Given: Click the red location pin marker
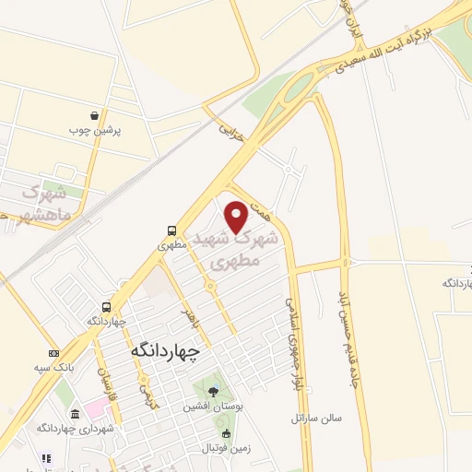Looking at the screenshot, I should (237, 217).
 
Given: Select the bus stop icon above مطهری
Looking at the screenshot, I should (172, 230).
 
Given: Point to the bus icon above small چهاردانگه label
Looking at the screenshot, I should (108, 307).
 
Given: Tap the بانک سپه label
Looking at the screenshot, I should (56, 367).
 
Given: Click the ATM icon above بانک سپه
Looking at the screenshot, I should (53, 353).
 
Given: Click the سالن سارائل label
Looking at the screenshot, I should (316, 418).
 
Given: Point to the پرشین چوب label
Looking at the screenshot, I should (96, 130).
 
